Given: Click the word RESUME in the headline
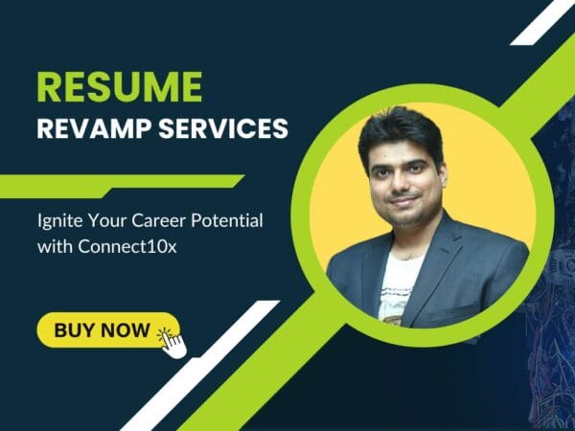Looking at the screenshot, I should (x=120, y=86).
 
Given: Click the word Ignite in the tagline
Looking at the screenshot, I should (x=62, y=222).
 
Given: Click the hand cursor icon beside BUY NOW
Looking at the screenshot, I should (x=172, y=341).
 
